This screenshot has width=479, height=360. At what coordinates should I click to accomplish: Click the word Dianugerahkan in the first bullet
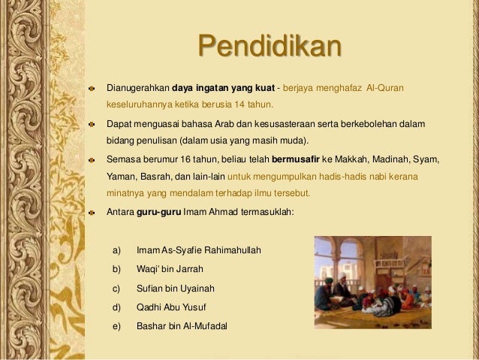(x=138, y=89)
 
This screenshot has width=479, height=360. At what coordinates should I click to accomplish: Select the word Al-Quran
(x=385, y=89)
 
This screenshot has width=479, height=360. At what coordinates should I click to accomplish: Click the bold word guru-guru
(x=155, y=212)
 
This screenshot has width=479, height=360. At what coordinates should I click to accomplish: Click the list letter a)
(x=117, y=250)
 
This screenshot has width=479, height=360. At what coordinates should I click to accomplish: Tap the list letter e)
(x=117, y=325)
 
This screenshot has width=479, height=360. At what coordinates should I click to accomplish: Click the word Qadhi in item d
(x=149, y=307)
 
